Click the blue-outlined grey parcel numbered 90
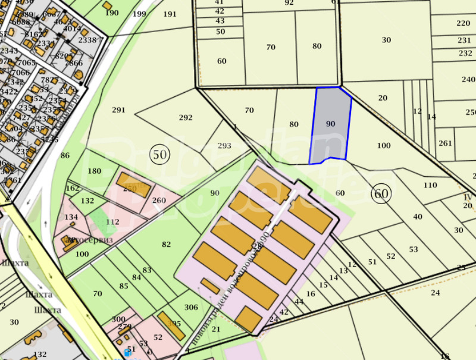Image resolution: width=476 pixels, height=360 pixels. click(x=331, y=124)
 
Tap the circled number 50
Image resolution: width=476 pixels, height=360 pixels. click(x=160, y=155)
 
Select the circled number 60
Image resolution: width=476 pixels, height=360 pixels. click(x=381, y=193)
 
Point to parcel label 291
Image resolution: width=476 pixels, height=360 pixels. click(x=118, y=109)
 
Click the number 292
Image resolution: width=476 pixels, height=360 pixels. click(x=186, y=117)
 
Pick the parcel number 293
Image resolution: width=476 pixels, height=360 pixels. click(x=224, y=146)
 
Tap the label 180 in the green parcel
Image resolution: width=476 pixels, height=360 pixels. click(x=95, y=171)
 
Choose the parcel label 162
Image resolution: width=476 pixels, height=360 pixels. click(x=72, y=188)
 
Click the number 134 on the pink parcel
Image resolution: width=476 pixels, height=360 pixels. click(x=71, y=217)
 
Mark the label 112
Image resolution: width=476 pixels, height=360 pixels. click(x=112, y=222)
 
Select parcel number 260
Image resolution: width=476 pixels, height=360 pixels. click(x=159, y=201)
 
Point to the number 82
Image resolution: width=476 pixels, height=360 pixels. click(x=166, y=245)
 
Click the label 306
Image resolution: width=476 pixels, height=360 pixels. click(x=191, y=307)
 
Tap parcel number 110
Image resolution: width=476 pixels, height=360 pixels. click(x=430, y=185)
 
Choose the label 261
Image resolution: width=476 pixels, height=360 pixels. click(x=445, y=143)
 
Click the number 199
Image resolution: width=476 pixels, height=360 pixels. click(x=139, y=14)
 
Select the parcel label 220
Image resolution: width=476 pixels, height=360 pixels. click(x=463, y=23)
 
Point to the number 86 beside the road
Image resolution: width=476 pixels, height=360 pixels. click(x=65, y=156)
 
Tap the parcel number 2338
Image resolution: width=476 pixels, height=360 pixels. click(x=87, y=40)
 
